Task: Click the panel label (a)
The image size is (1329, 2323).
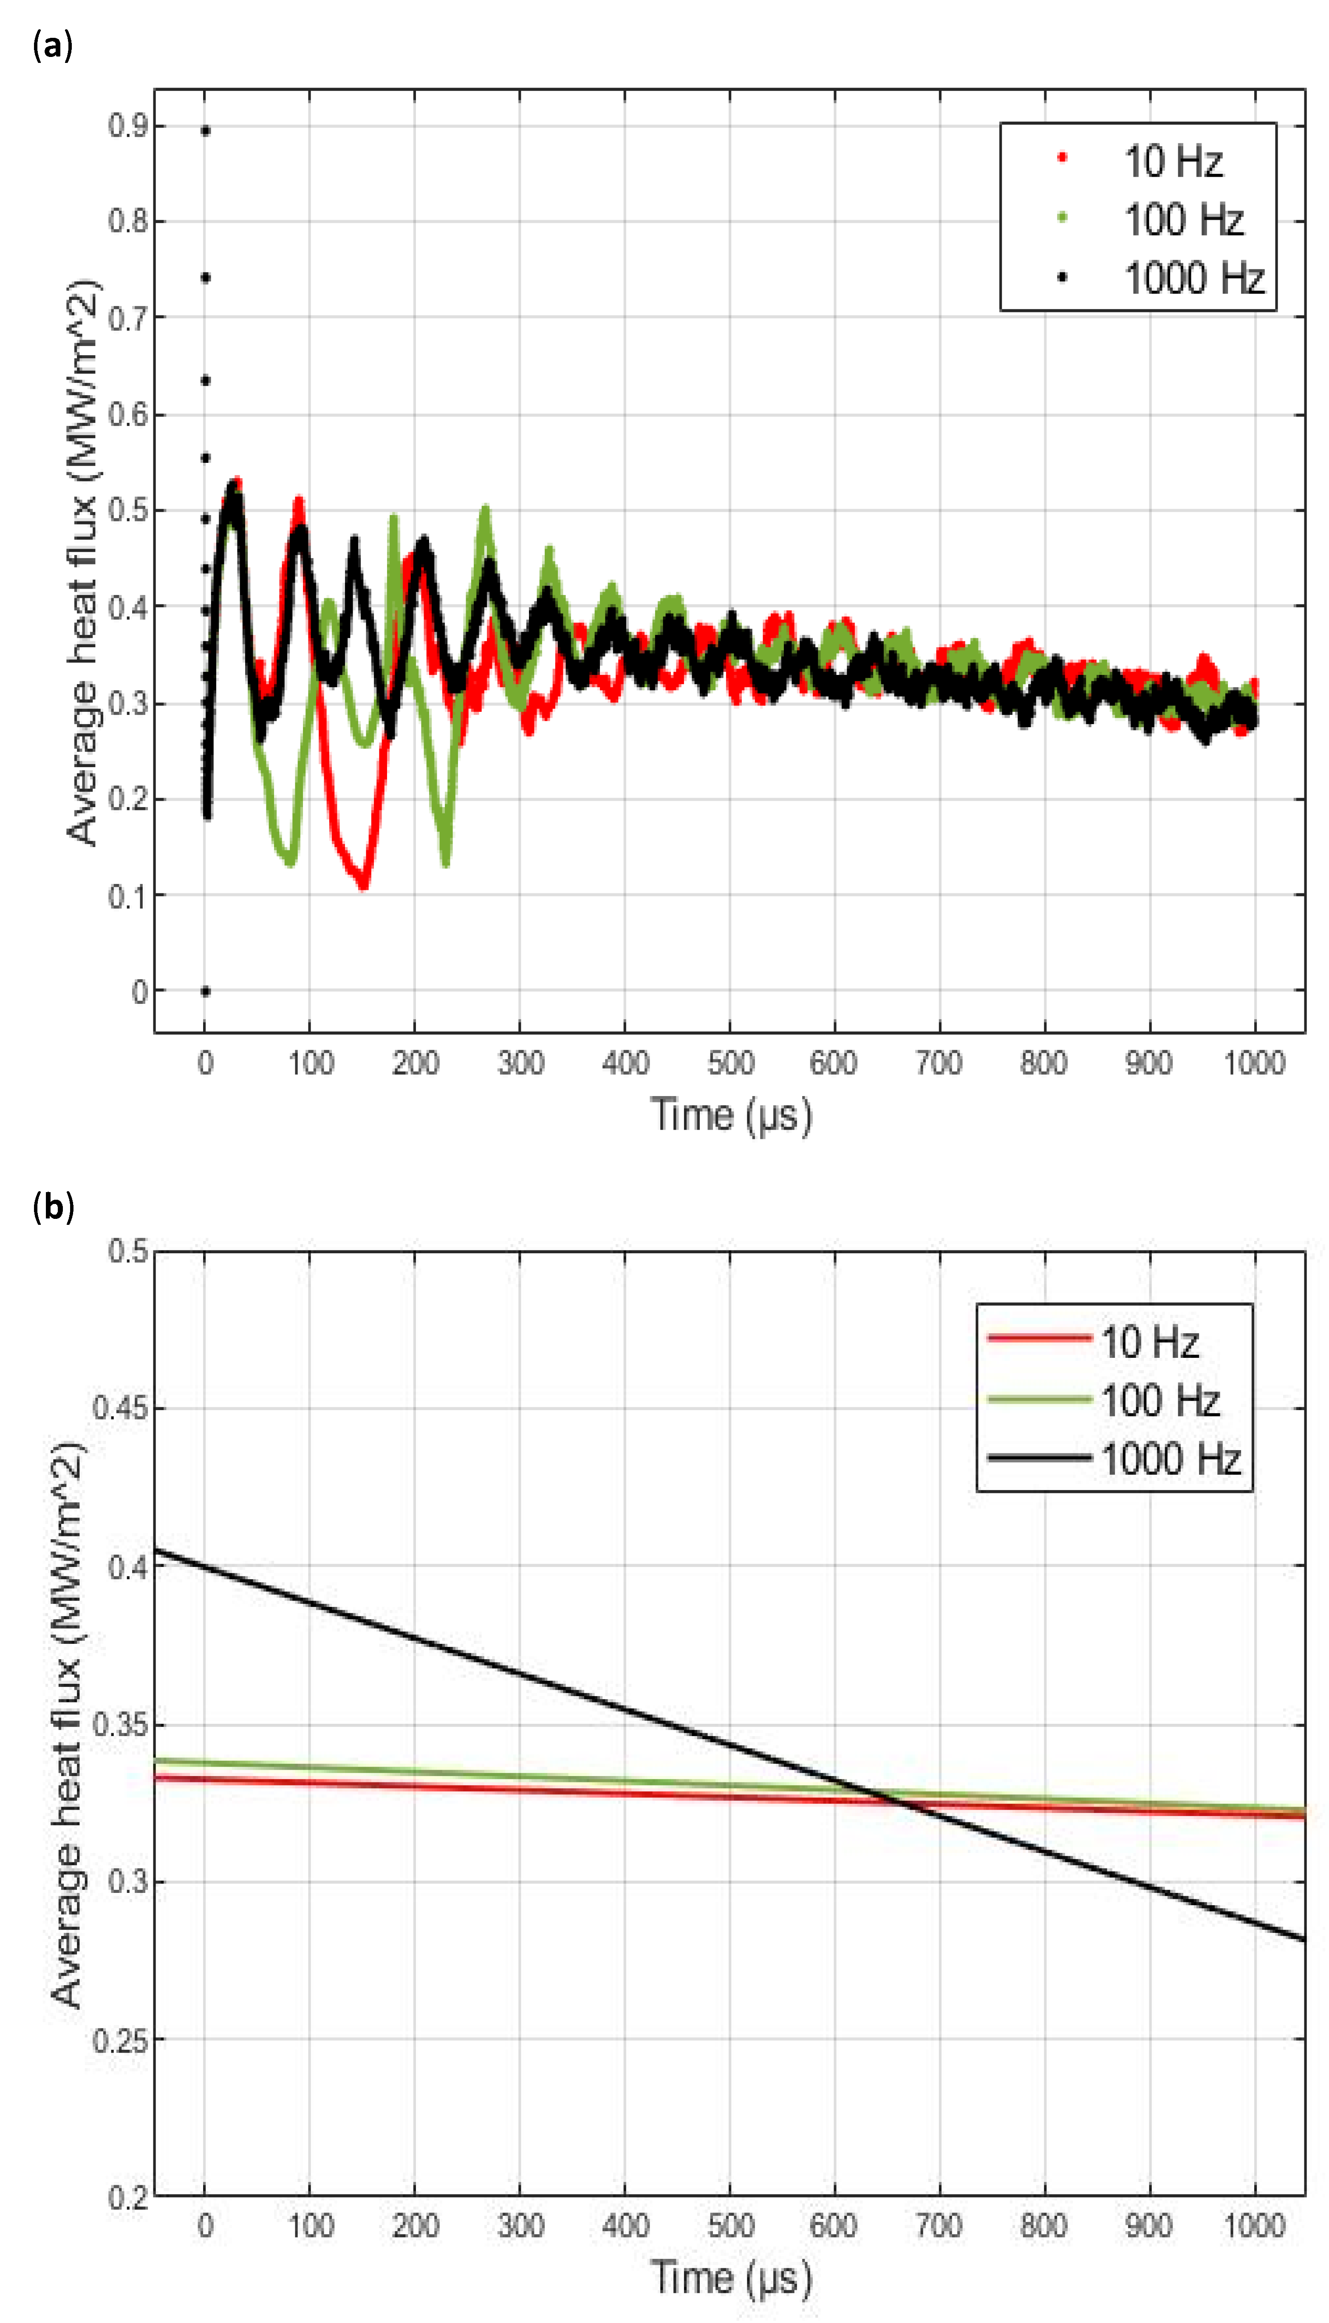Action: click(x=52, y=44)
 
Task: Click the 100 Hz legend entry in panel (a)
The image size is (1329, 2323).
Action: click(x=1183, y=220)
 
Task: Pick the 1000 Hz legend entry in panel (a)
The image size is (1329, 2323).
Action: click(x=1193, y=278)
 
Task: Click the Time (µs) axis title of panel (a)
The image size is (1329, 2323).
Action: click(x=730, y=1116)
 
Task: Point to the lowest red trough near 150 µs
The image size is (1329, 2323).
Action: click(x=363, y=884)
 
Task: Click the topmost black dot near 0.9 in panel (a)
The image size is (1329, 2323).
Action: click(x=205, y=130)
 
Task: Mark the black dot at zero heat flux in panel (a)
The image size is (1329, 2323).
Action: click(x=205, y=991)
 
